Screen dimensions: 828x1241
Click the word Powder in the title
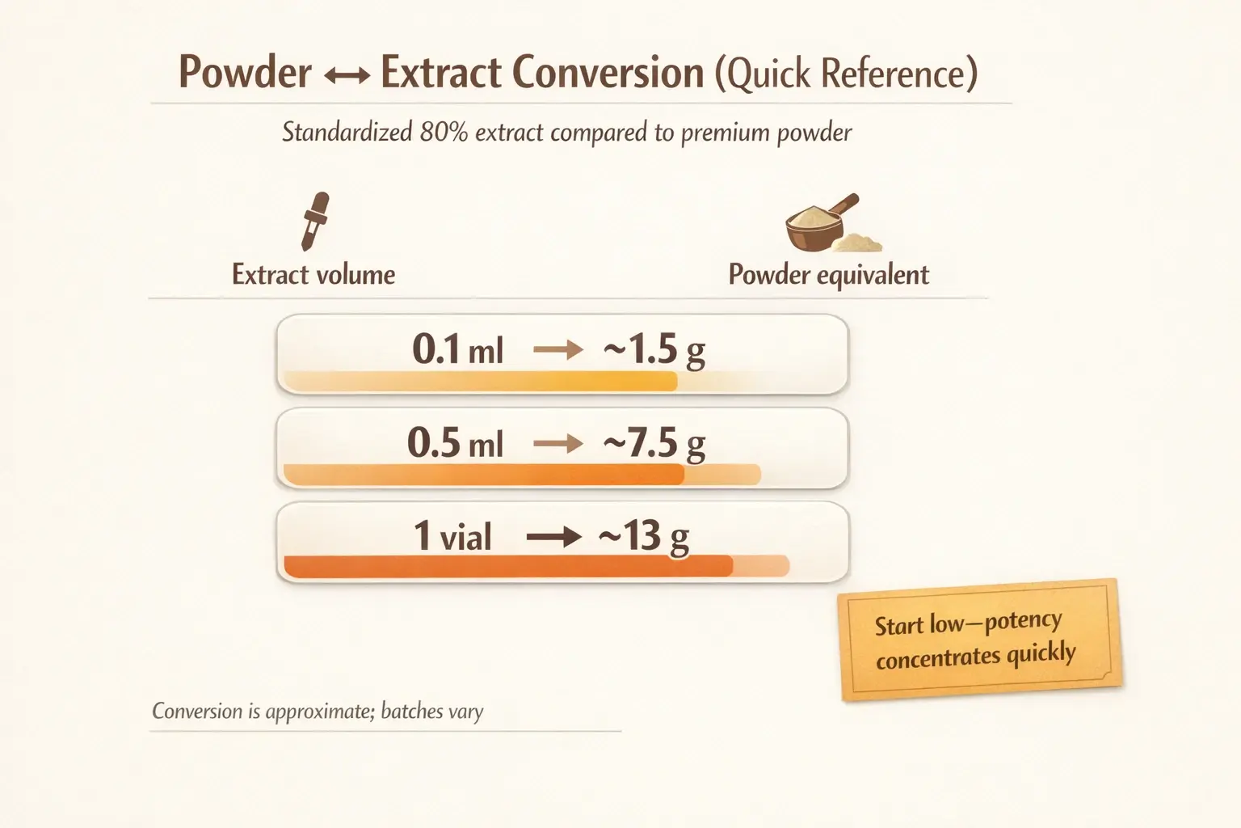[x=245, y=73]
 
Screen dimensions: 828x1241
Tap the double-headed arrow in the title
[x=346, y=76]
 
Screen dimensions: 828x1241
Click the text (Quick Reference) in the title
[x=845, y=74]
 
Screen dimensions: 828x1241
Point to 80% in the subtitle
[x=444, y=132]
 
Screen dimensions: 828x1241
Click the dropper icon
[x=314, y=221]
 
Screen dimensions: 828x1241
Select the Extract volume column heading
[x=313, y=275]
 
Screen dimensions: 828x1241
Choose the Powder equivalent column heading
[x=828, y=275]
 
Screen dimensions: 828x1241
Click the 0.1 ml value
[x=457, y=350]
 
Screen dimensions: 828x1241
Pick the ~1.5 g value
[x=654, y=350]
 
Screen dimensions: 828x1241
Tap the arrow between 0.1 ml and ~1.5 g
[x=558, y=350]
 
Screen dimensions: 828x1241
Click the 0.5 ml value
[x=455, y=444]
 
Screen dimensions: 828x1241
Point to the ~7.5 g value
[x=654, y=444]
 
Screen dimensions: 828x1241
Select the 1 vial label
[x=452, y=537]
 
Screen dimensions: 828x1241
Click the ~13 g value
[x=644, y=537]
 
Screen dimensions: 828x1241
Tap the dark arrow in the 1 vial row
[x=553, y=537]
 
